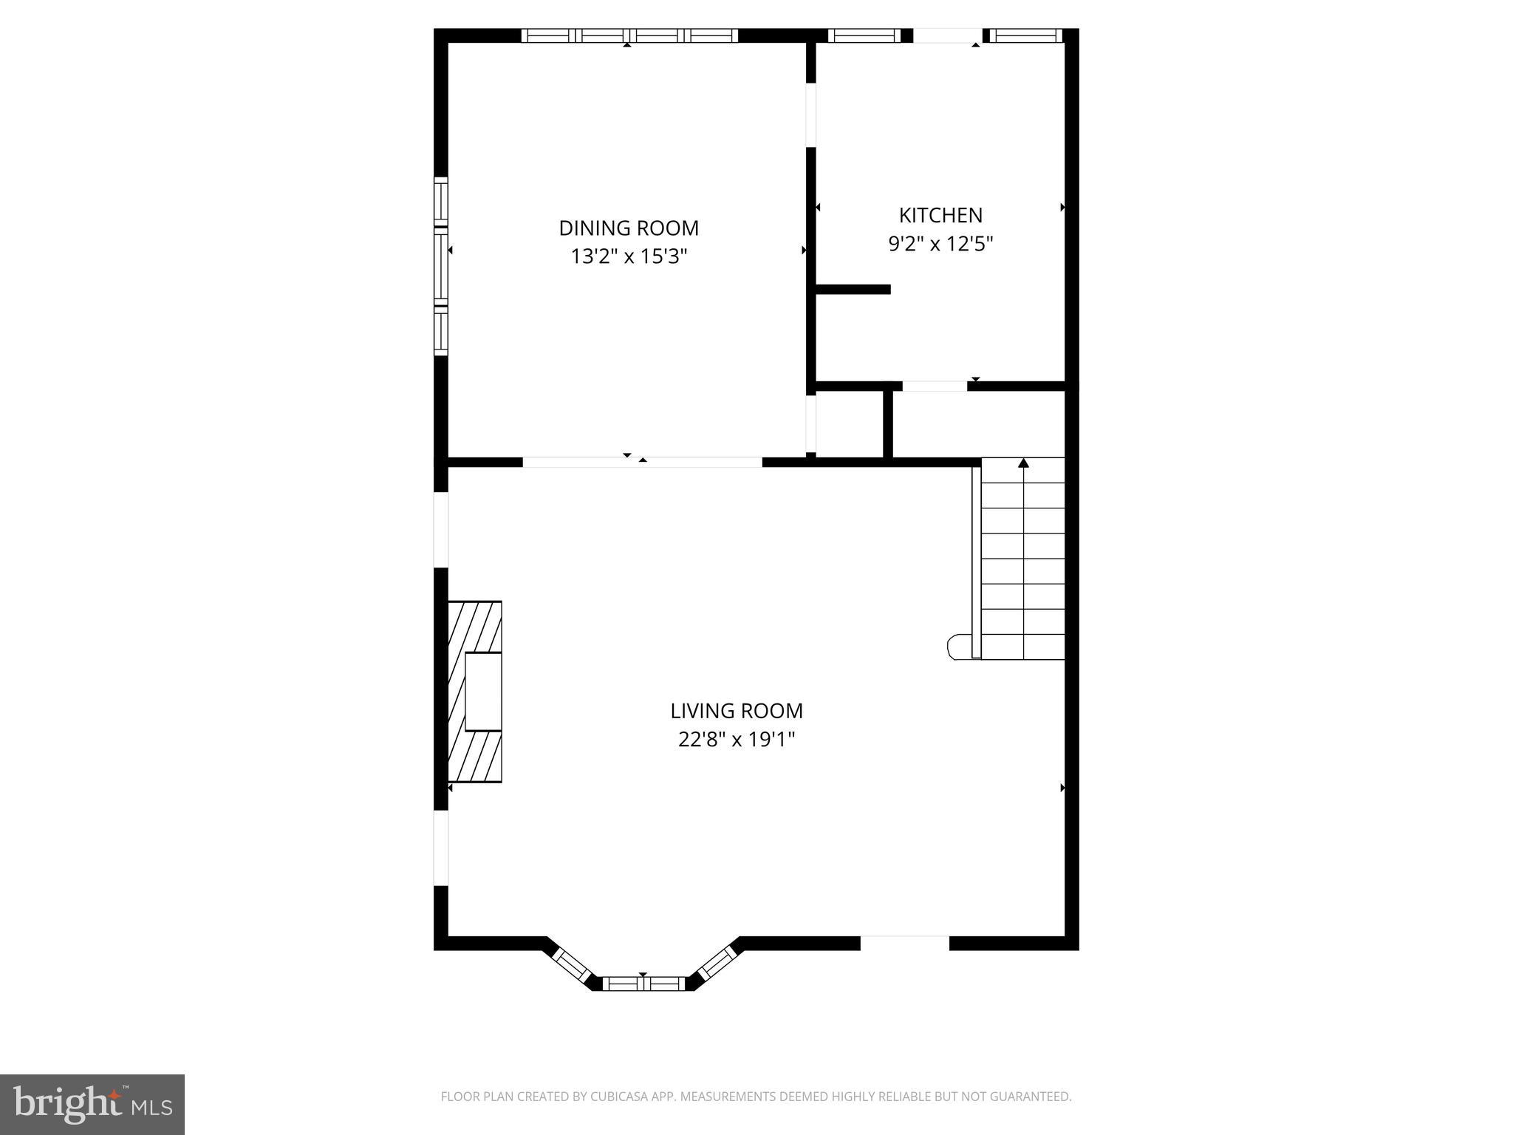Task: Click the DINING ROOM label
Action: (629, 228)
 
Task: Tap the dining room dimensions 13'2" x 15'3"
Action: (629, 256)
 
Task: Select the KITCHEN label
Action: (940, 215)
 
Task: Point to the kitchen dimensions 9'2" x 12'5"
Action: (940, 244)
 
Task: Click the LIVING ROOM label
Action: (737, 711)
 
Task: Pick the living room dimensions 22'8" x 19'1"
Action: (737, 739)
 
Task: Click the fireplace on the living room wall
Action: (475, 692)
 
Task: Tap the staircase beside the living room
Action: (1023, 559)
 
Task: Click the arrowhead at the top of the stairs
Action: (1023, 463)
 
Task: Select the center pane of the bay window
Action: (643, 983)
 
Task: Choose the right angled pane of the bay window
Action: (715, 964)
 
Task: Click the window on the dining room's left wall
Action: (441, 266)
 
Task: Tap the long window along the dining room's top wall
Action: (629, 35)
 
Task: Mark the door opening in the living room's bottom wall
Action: (904, 943)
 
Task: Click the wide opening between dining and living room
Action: (642, 463)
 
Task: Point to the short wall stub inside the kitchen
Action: (853, 289)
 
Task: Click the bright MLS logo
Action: (92, 1105)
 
